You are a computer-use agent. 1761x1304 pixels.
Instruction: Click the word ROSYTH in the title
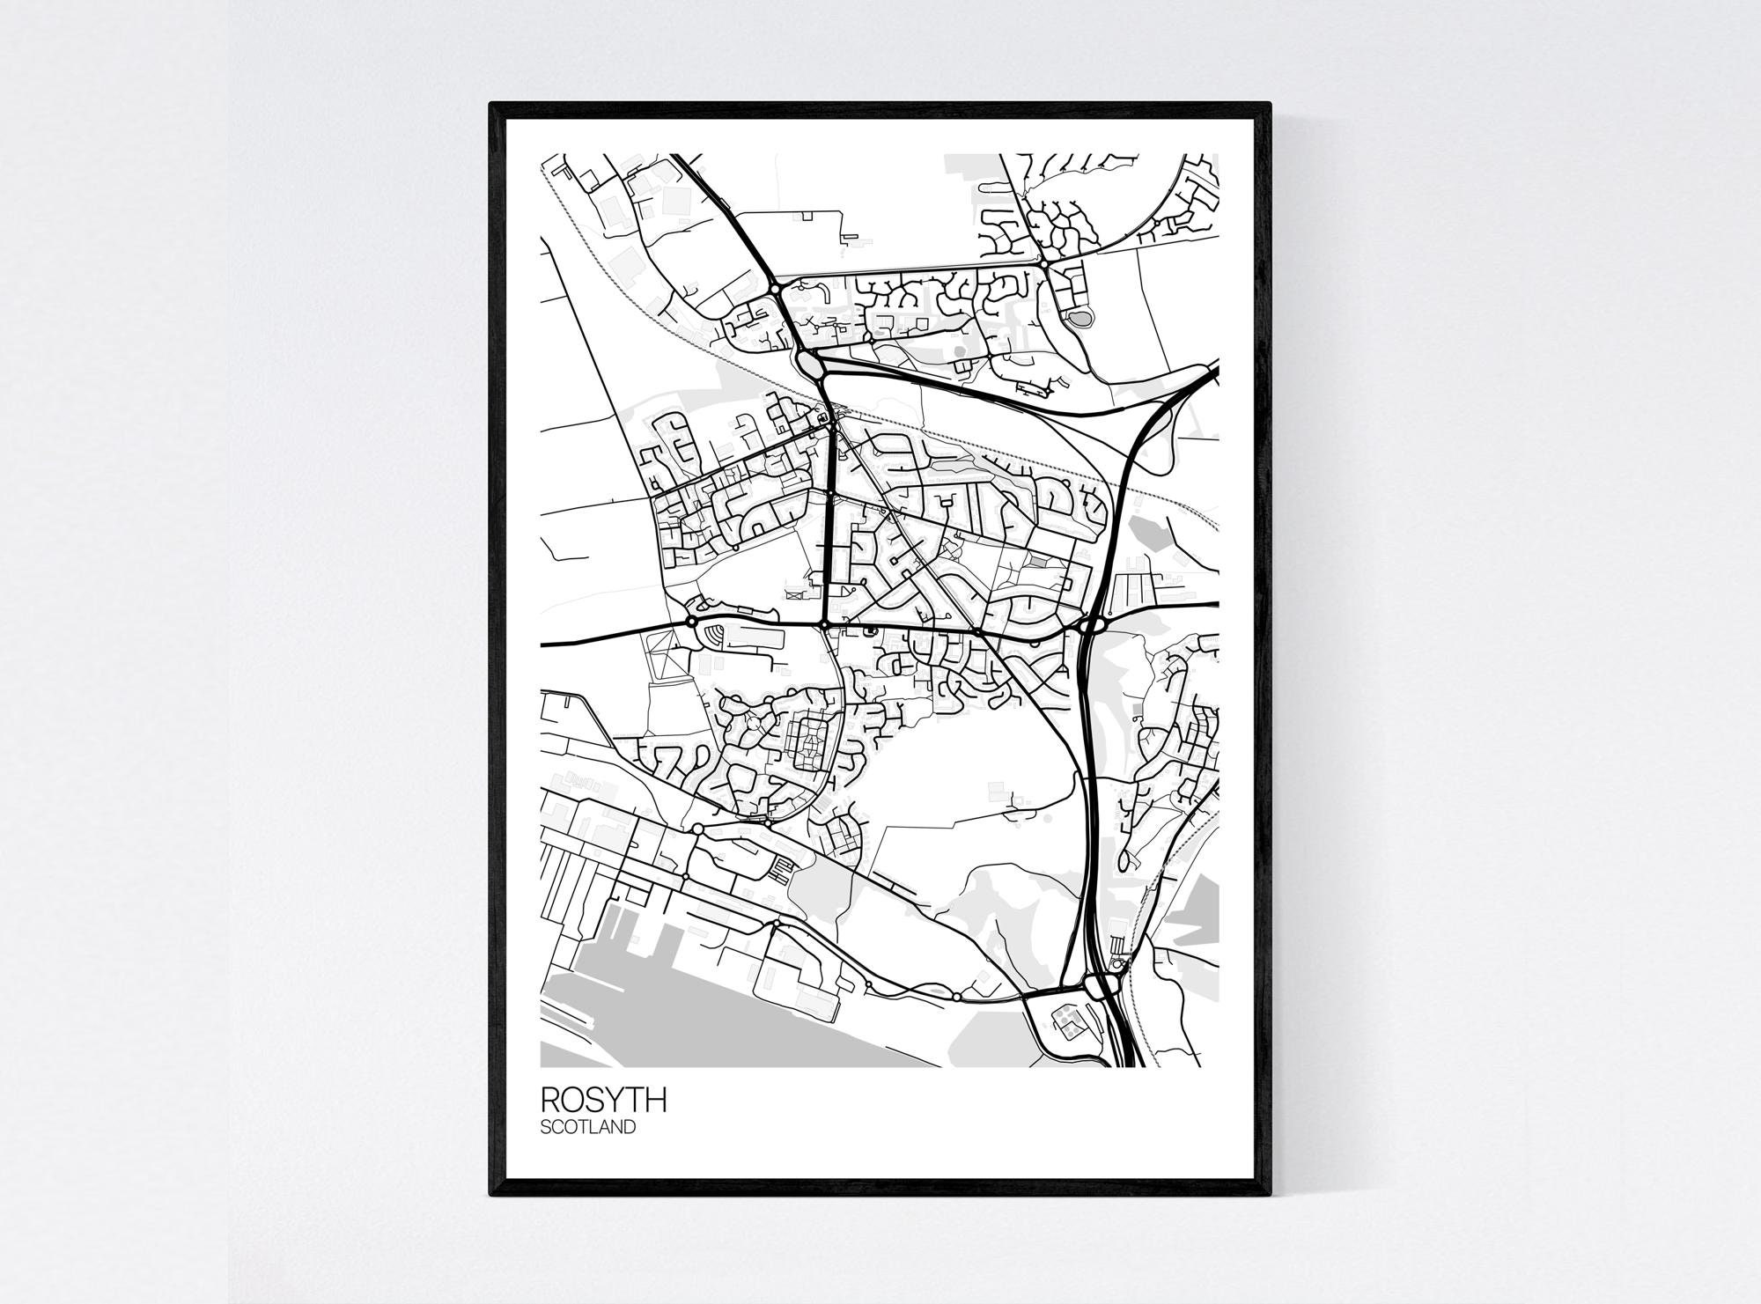603,1100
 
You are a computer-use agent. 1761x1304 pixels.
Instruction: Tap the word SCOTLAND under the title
587,1126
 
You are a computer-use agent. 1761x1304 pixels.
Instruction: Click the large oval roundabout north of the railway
809,362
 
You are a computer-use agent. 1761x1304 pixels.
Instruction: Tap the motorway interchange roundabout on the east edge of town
1091,625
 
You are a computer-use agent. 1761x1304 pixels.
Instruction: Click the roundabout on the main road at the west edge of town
691,622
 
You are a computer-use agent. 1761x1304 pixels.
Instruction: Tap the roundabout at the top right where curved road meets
1043,262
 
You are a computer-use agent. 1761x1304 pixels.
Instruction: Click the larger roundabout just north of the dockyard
697,829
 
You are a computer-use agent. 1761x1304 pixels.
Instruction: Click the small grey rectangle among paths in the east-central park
1040,560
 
